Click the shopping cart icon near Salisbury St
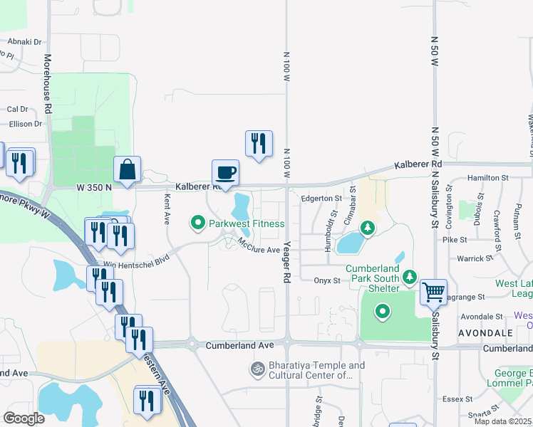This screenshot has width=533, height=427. [433, 291]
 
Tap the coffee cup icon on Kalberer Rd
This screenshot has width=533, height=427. [225, 172]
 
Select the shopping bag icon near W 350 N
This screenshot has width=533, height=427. [127, 169]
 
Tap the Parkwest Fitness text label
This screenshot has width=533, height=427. [247, 223]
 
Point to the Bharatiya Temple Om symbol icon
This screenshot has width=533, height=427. [256, 369]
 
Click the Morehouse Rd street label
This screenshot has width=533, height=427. [48, 85]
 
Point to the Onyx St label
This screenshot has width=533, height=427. [327, 280]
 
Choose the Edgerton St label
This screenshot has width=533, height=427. [321, 199]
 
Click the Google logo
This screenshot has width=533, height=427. [24, 418]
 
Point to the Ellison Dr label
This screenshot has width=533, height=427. [26, 124]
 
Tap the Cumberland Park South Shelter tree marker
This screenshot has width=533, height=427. [410, 276]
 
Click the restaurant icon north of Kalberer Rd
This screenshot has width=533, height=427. [259, 143]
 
